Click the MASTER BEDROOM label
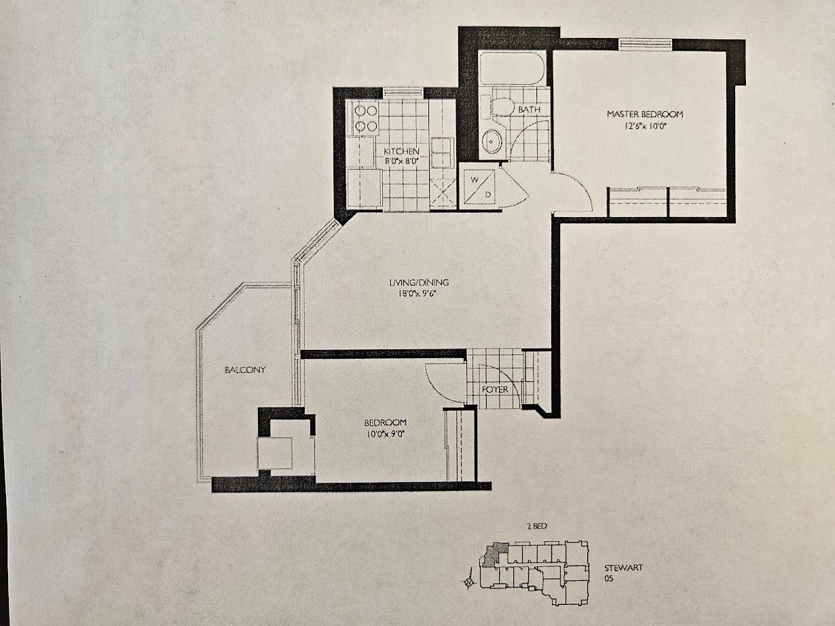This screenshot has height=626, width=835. [645, 114]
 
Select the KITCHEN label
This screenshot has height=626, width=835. [401, 151]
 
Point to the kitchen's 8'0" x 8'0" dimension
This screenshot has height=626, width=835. [402, 161]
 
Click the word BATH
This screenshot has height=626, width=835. [529, 110]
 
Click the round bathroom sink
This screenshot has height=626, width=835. [492, 141]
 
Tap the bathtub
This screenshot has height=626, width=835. [512, 69]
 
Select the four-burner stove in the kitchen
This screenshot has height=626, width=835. [366, 118]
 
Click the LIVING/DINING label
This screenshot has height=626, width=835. [419, 282]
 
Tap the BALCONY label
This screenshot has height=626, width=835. [245, 370]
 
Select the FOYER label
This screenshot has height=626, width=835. [495, 389]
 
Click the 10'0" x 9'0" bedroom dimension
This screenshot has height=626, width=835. [385, 433]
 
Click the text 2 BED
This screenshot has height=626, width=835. [537, 526]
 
